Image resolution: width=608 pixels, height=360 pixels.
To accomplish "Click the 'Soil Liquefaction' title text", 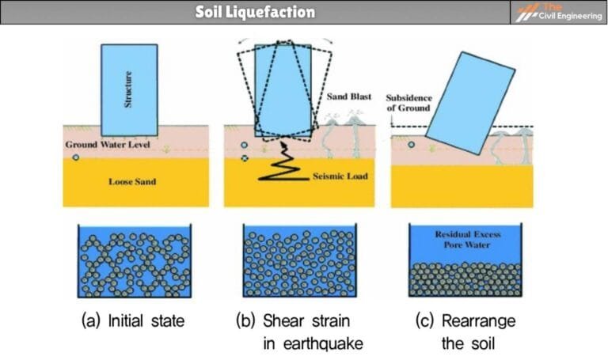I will coord(255,12).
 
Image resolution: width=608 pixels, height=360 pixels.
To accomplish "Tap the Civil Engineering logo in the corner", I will coord(558,12).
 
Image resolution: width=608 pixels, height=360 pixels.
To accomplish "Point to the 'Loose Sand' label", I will coord(131,181).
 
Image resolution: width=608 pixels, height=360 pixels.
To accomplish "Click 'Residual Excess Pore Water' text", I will coord(464,240).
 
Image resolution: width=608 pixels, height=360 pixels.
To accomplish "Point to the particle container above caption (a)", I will coord(133,260).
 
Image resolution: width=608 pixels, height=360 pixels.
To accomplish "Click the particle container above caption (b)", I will coord(298,260).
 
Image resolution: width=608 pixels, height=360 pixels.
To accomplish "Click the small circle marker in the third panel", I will coord(410,145).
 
